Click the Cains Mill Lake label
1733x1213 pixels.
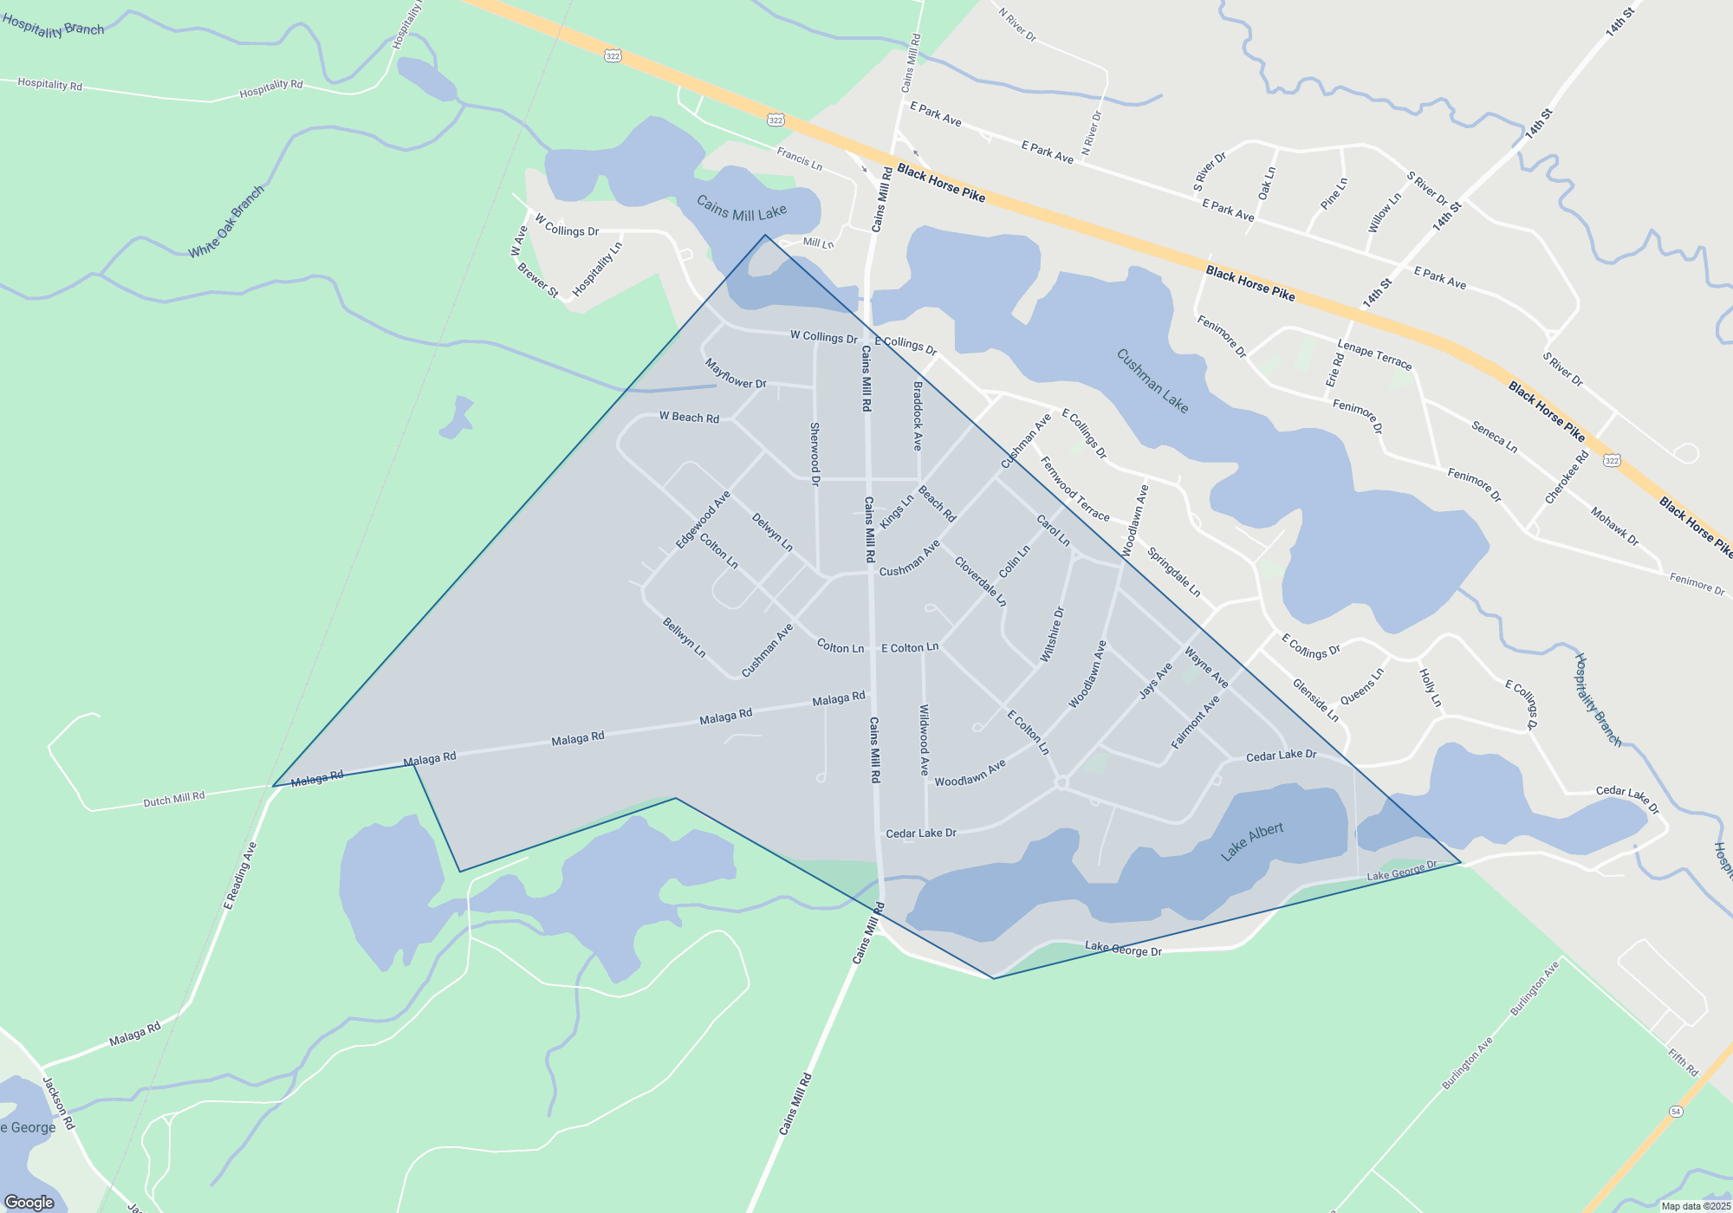point(742,209)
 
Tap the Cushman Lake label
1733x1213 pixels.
point(1152,381)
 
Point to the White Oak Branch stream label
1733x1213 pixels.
point(226,222)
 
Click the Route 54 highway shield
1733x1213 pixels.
point(1676,1112)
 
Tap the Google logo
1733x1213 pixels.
point(29,1202)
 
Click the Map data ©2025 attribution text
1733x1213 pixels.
point(1696,1206)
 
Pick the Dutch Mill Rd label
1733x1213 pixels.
point(174,799)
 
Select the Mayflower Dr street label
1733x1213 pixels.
point(736,373)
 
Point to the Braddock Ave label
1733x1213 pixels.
point(918,416)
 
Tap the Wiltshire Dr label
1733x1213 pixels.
point(1052,635)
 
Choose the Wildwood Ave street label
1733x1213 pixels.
point(925,739)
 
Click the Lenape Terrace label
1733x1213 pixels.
point(1374,354)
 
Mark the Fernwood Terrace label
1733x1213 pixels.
point(1074,489)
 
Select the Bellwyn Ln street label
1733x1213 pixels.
point(684,637)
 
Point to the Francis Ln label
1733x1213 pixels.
point(799,159)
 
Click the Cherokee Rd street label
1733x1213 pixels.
point(1567,477)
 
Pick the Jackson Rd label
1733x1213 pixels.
point(59,1103)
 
